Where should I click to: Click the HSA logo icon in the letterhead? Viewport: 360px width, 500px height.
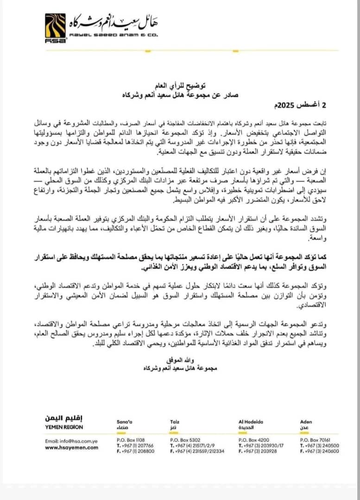point(56,28)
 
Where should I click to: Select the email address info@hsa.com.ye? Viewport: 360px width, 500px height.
point(71,441)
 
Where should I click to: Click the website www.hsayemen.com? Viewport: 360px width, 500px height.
point(72,447)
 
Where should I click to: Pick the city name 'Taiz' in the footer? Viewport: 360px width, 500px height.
point(175,422)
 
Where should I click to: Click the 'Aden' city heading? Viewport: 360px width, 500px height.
point(306,422)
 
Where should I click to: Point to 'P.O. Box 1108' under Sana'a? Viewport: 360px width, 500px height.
point(132,440)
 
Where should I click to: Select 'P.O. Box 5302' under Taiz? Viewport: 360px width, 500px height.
point(185,440)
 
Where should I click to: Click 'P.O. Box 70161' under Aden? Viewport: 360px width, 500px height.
point(316,440)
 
